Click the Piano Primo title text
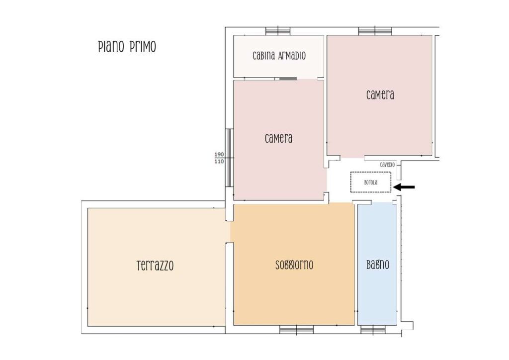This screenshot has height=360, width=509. tap(127, 47)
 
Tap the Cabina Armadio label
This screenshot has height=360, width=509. tap(279, 56)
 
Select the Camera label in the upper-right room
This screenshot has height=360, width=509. tap(380, 95)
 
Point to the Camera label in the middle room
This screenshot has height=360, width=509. tap(278, 138)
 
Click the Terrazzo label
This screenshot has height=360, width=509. tap(155, 266)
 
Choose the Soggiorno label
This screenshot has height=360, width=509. tap(294, 265)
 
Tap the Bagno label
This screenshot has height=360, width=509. tap(378, 265)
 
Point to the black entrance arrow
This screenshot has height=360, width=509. tap(404, 187)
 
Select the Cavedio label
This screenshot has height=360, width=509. tap(387, 165)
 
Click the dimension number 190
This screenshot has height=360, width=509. tap(219, 155)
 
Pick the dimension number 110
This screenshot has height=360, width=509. tap(219, 161)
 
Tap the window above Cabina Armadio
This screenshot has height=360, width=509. tap(278, 31)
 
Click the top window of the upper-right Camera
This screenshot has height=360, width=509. tap(375, 31)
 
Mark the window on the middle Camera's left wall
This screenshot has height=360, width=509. tap(230, 158)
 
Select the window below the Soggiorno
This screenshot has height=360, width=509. tap(297, 330)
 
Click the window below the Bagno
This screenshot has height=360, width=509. tap(373, 330)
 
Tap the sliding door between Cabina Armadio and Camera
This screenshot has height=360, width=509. tap(288, 78)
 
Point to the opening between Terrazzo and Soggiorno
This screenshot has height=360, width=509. tap(230, 232)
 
